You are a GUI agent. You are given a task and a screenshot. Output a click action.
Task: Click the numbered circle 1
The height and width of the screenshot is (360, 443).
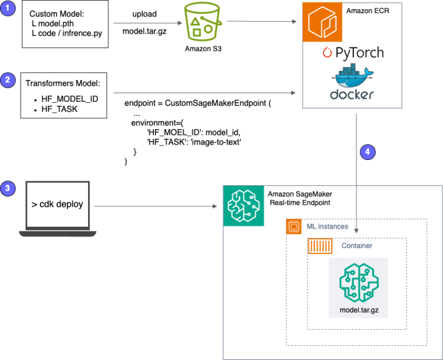tap(7, 10)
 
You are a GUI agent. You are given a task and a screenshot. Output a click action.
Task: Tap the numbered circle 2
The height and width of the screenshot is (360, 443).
tap(7, 81)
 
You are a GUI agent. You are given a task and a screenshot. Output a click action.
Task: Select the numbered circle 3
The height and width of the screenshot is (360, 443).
tap(7, 188)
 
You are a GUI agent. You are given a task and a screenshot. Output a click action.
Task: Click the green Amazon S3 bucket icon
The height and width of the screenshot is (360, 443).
tap(203, 23)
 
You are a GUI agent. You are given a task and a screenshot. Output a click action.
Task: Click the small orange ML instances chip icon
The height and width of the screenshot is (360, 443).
tap(294, 227)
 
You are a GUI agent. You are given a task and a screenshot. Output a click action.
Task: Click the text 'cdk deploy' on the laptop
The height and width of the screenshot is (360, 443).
tap(57, 204)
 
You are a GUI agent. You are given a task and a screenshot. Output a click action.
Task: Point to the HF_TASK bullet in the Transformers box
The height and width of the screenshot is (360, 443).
tap(59, 109)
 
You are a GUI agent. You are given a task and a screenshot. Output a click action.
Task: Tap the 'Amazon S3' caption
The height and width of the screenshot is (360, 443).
tap(203, 49)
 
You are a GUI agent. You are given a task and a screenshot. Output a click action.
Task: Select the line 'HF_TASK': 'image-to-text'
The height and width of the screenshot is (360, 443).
tap(194, 142)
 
